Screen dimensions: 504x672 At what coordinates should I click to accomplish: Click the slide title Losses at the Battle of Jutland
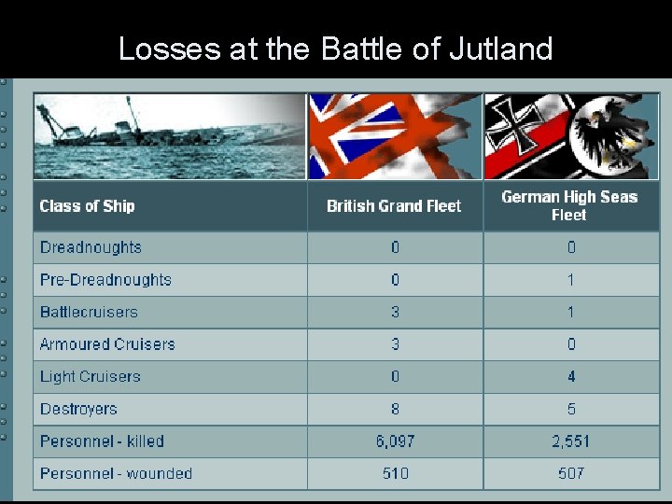coord(336,48)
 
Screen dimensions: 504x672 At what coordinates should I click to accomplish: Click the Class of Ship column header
coord(87,206)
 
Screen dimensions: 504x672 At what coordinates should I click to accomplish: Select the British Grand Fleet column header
coord(394,206)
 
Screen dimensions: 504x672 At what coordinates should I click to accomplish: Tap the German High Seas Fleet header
coord(569,205)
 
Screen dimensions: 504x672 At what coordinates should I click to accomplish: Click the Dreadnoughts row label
coord(91,247)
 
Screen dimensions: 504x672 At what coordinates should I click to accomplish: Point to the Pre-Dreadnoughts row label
coord(105,280)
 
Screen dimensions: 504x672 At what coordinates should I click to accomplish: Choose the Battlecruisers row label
coord(89,312)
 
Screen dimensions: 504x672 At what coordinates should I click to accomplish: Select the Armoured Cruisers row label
coord(107,344)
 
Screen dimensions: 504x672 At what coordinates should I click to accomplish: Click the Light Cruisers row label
coord(90,377)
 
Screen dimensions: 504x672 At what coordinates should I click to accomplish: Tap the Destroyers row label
coord(78,409)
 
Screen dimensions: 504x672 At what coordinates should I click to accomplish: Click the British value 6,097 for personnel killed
coord(395,441)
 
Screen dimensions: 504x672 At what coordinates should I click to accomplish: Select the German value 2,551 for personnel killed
coord(570,441)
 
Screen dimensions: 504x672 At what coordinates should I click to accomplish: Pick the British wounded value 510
coord(395,473)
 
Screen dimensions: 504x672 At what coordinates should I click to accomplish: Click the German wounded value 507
coord(570,473)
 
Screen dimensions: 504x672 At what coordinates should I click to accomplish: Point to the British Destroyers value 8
coord(395,409)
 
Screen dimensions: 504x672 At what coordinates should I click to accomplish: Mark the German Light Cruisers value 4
coord(571,377)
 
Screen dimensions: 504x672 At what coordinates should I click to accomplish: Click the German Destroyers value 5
coord(571,409)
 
